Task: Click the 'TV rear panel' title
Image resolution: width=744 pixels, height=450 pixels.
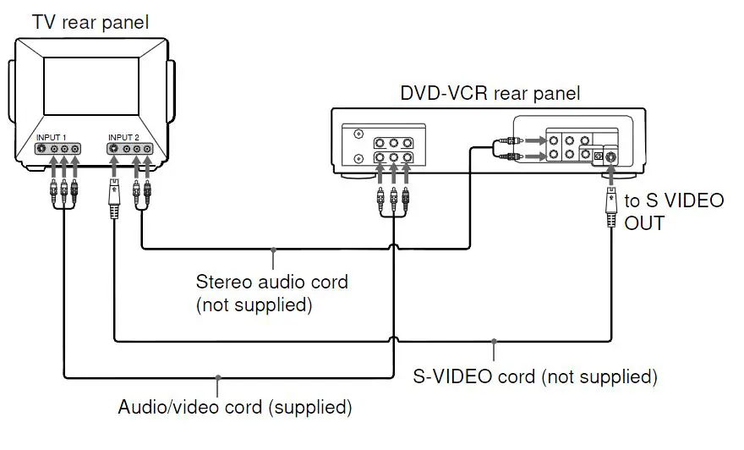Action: pyautogui.click(x=90, y=22)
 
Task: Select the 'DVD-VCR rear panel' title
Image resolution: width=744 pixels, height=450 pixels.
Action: pyautogui.click(x=490, y=93)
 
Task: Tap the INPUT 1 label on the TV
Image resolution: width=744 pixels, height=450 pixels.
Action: pyautogui.click(x=52, y=138)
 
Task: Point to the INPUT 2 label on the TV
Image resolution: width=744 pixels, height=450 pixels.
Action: pyautogui.click(x=123, y=138)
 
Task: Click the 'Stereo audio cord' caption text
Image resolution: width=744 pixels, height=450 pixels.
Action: pyautogui.click(x=272, y=282)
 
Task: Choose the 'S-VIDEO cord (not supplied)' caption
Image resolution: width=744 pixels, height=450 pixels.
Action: pyautogui.click(x=535, y=376)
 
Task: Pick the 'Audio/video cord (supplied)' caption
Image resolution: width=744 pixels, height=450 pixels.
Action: pyautogui.click(x=235, y=407)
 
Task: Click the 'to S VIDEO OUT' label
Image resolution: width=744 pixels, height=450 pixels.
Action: pyautogui.click(x=674, y=211)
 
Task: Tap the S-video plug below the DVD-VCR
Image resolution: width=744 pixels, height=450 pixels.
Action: pyautogui.click(x=611, y=207)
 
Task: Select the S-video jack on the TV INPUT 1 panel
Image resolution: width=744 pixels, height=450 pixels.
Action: pyautogui.click(x=41, y=149)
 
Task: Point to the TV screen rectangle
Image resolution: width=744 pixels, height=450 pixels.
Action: pyautogui.click(x=91, y=86)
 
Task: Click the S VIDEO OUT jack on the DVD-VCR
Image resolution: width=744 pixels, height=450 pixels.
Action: pyautogui.click(x=610, y=156)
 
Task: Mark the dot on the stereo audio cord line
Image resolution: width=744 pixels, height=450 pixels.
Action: pyautogui.click(x=273, y=250)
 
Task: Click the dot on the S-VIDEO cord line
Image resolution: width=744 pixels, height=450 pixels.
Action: pyautogui.click(x=494, y=341)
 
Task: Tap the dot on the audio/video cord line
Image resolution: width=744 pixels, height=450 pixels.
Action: pyautogui.click(x=218, y=378)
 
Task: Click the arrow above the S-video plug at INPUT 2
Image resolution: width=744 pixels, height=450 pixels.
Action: pyautogui.click(x=114, y=167)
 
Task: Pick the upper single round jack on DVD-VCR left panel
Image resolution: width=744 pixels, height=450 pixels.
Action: pyautogui.click(x=358, y=134)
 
